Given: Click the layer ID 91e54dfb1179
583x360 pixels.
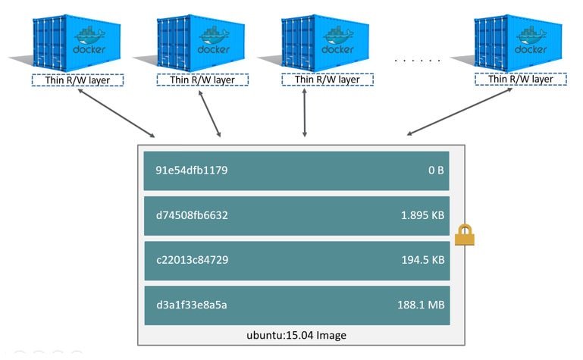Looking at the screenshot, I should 186,171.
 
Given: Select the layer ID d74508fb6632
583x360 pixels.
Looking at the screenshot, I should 187,215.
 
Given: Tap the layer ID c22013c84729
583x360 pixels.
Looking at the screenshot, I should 187,260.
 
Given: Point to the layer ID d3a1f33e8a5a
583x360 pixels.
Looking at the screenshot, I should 186,305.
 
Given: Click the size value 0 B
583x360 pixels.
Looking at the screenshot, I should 435,171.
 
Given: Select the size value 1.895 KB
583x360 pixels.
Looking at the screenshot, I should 422,215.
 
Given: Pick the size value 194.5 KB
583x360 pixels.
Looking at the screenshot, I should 422,260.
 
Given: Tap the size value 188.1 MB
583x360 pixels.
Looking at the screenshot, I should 422,305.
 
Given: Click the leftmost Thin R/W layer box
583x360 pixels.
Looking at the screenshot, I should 77,80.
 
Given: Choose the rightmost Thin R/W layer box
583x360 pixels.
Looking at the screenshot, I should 520,80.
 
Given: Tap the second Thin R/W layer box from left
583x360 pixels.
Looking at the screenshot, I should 202,80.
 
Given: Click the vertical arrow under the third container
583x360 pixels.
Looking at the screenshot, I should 305,114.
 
